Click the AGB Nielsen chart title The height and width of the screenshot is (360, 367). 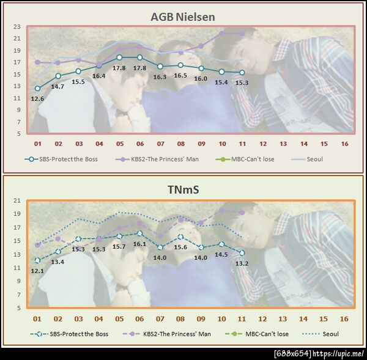coord(182,17)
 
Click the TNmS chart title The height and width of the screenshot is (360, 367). coord(182,190)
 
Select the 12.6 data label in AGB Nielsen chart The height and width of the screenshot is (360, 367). coord(37,98)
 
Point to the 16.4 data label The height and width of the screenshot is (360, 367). coord(99,76)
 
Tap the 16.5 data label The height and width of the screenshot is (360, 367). coord(181,76)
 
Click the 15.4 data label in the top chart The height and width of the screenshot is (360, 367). coord(222,82)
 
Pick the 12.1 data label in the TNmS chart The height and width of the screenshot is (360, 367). coord(37,270)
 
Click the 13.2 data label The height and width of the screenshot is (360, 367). coord(242,263)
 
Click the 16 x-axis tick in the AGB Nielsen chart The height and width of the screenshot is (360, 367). coord(344,144)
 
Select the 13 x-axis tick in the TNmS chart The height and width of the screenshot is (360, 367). coord(283,319)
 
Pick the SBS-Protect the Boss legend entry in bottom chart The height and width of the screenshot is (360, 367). coord(73,334)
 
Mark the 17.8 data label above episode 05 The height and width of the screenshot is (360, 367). coord(119,68)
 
